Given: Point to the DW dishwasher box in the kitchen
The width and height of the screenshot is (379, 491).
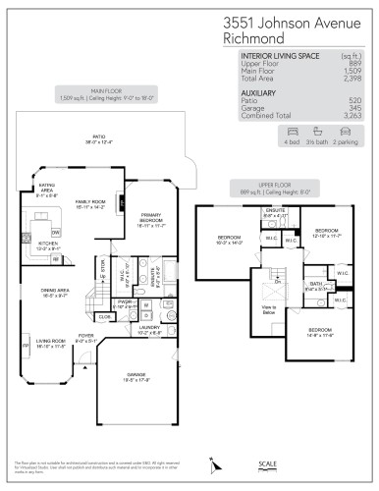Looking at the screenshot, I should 56,233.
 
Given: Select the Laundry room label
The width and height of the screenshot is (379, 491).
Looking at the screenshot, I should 149,331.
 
